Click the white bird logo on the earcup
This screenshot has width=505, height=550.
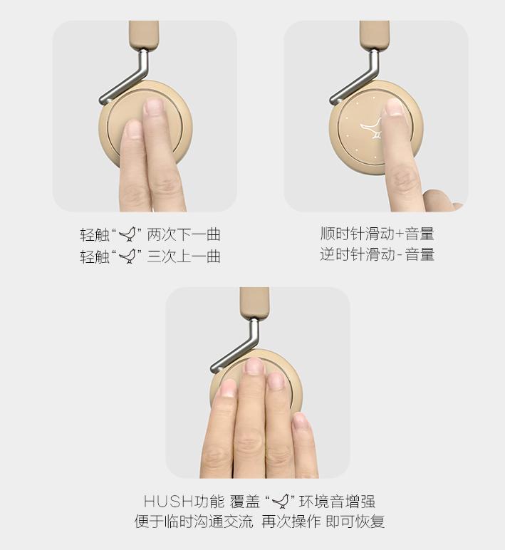pos(372,129)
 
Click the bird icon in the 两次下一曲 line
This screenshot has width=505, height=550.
pos(127,234)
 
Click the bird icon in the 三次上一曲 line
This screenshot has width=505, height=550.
pos(127,256)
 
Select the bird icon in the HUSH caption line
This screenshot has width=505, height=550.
pos(283,502)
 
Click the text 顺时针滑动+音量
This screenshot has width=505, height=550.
pos(377,234)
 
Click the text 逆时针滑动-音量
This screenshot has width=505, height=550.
pos(377,254)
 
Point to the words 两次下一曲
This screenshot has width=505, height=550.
pos(184,234)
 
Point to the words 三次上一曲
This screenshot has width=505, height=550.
pos(184,256)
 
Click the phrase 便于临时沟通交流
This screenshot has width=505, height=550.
pos(194,522)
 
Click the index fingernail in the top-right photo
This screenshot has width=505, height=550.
pos(392,108)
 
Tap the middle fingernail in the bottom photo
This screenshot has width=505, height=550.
pos(254,367)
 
